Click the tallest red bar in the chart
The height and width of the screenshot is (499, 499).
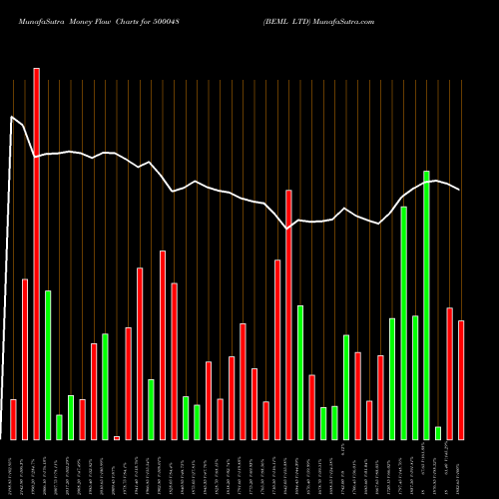37,253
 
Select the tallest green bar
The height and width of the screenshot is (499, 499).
426,304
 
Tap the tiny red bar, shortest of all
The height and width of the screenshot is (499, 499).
117,437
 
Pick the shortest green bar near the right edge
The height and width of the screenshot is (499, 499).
438,432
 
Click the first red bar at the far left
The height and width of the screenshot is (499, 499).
13,419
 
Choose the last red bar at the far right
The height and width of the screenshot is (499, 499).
461,379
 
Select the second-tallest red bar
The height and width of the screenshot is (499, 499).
288,314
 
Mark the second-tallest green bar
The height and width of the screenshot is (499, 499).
404,322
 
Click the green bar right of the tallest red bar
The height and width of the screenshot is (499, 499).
48,364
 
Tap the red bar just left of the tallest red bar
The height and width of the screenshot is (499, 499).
25,359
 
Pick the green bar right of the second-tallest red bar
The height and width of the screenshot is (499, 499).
300,372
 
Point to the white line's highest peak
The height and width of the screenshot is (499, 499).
12,117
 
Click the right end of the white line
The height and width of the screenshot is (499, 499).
460,190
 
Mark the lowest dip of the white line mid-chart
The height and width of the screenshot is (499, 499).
287,229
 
